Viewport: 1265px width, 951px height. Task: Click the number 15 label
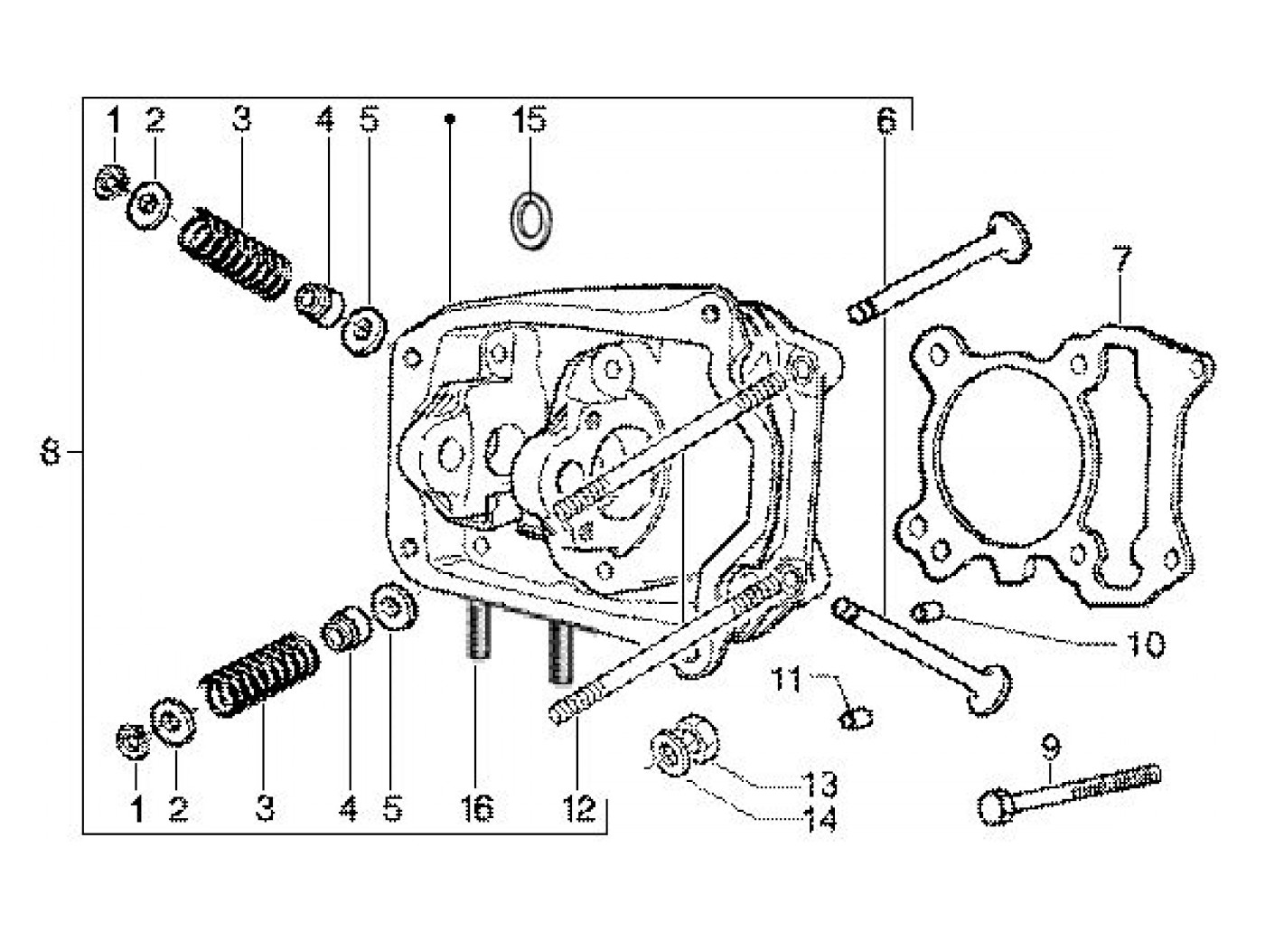[x=529, y=119]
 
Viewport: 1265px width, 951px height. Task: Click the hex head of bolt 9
[x=993, y=807]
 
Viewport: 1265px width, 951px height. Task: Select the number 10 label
[x=1145, y=645]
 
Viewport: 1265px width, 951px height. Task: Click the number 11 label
[x=785, y=678]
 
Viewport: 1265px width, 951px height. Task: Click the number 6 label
[x=885, y=119]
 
